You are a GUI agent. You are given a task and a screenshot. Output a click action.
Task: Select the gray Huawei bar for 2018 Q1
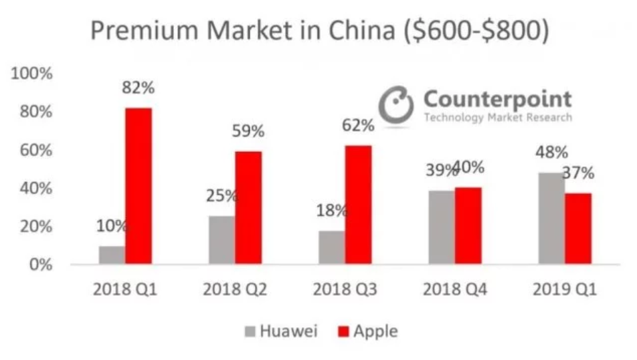112,255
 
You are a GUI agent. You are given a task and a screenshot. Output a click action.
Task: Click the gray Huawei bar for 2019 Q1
551,218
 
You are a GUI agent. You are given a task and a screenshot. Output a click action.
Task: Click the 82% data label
139,88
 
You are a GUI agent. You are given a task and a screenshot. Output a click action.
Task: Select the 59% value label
248,131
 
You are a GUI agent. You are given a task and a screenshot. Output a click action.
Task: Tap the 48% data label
551,153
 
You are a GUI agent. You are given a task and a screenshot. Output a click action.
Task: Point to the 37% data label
578,173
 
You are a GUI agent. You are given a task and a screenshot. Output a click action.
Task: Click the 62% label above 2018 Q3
358,126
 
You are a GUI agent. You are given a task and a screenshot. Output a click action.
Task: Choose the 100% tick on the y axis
31,74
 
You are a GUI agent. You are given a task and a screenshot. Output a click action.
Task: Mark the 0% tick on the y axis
41,265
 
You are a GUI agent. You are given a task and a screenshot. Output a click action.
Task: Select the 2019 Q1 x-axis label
565,290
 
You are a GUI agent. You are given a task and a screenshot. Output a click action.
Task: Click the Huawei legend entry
280,331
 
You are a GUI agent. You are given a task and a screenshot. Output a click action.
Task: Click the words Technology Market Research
498,118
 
